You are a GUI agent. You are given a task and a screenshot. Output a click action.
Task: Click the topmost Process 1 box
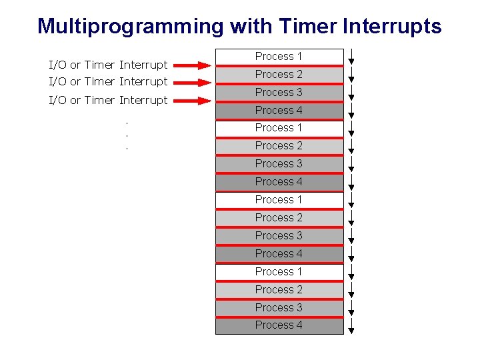tap(279, 57)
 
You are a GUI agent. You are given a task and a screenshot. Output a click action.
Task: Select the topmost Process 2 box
tap(279, 75)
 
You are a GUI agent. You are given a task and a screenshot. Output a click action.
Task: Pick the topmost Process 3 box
tap(279, 93)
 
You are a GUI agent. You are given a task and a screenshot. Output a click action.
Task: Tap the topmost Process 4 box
tap(279, 111)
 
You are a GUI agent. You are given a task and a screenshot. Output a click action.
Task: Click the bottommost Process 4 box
tap(279, 325)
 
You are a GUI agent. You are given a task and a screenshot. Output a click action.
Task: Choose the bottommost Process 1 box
tap(279, 272)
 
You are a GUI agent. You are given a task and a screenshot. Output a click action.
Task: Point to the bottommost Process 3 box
tap(279, 308)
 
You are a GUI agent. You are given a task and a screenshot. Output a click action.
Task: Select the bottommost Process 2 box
tap(279, 290)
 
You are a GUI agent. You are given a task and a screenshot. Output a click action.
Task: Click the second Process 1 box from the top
tap(279, 128)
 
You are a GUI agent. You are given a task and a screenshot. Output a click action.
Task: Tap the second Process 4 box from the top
tap(279, 182)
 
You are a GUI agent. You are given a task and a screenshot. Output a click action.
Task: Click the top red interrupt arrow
tap(196, 65)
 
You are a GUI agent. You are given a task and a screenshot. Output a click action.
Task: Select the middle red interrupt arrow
tap(196, 83)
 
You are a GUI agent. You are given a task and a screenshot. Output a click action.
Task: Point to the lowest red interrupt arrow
tap(196, 101)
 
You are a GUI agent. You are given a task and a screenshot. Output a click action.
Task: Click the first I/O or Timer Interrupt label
tap(108, 65)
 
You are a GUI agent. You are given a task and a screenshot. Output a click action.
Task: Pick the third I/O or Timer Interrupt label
tap(108, 100)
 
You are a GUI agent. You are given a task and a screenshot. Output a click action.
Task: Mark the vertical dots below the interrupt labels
tap(127, 135)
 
